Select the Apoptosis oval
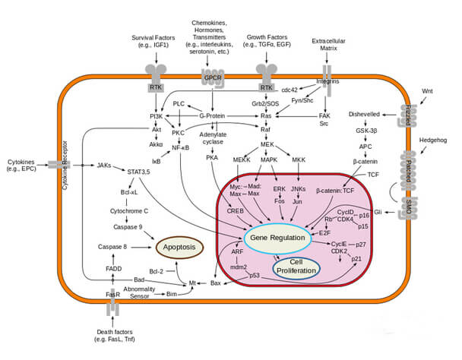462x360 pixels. [179, 247]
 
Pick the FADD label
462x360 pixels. [114, 269]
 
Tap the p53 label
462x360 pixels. [256, 275]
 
